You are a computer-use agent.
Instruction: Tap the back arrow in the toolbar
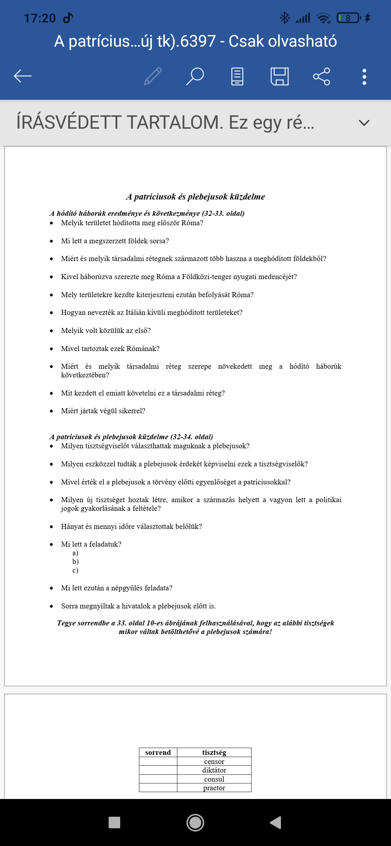pos(23,76)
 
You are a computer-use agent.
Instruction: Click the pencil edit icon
pos(153,76)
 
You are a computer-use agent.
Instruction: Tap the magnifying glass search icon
pos(195,76)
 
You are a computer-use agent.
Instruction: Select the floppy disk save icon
pos(279,76)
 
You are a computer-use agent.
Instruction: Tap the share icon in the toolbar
pos(321,76)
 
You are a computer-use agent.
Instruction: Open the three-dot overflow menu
pos(364,77)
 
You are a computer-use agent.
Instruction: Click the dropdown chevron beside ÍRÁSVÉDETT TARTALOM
pos(364,123)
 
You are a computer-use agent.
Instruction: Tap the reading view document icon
pos(237,76)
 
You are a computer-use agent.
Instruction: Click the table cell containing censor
pos(214,761)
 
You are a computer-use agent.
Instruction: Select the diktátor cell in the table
pos(214,770)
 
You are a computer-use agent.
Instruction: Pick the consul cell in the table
pos(214,779)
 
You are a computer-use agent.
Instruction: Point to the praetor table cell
pos(214,788)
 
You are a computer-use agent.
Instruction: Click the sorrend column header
pos(158,752)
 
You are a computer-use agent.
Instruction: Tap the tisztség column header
pos(214,752)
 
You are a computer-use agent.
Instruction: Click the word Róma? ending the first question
pos(192,223)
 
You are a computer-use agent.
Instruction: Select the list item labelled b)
pos(75,561)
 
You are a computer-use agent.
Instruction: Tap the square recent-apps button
pos(114,822)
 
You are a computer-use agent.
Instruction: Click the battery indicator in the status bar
pos(348,18)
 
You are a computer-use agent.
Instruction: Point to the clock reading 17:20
pos(40,18)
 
